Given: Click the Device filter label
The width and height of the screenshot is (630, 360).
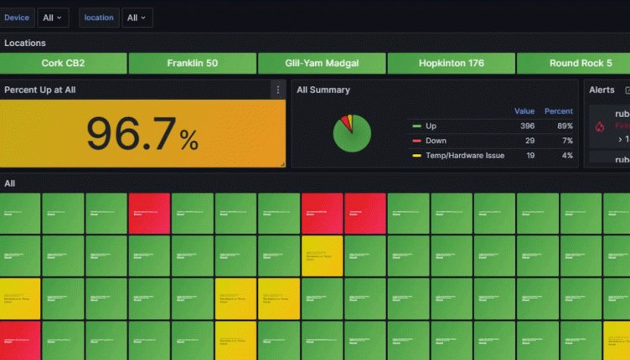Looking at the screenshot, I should (17, 18).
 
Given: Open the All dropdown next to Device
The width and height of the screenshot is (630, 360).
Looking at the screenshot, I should (53, 18).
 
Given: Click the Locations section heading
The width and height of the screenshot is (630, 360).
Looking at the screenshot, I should (25, 43).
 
